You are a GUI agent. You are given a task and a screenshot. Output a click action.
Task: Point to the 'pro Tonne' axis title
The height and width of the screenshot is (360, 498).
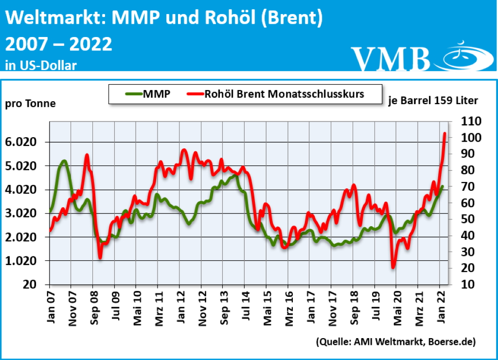[30, 104]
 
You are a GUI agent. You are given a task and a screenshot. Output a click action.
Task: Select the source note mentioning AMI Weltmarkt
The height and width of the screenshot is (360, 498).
[395, 342]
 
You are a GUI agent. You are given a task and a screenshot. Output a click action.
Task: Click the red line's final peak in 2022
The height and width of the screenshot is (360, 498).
[445, 133]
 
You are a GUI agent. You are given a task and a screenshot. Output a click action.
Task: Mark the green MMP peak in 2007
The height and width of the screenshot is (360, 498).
[64, 161]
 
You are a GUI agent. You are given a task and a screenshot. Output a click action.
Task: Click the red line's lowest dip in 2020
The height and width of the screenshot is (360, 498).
[393, 267]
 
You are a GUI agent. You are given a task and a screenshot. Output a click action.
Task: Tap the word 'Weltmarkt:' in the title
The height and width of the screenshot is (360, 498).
[55, 19]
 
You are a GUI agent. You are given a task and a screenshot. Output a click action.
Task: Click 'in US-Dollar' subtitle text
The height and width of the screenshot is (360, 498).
[41, 65]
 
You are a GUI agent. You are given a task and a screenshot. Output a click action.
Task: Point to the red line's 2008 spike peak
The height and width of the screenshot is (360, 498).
[87, 155]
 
